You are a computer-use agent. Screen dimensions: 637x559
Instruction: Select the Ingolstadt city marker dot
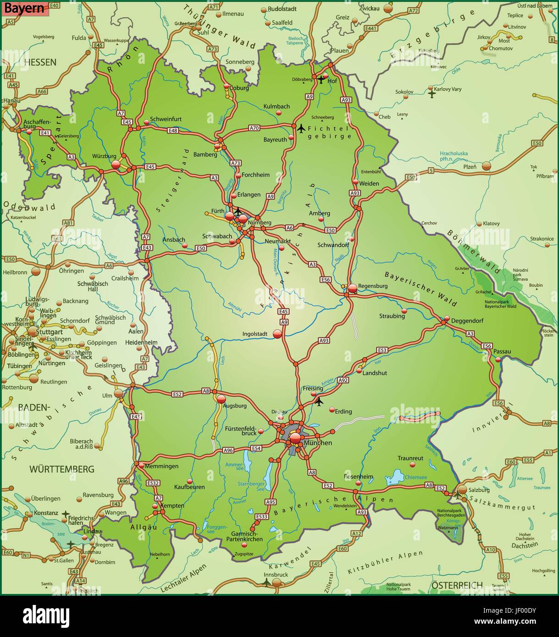pos(277,334)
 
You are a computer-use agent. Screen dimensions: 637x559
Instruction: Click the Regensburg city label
pos(373,286)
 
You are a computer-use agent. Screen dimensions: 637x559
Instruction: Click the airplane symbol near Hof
pos(321,80)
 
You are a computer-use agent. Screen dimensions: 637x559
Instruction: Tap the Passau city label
pos(502,351)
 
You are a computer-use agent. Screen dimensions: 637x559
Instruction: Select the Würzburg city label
pos(104,156)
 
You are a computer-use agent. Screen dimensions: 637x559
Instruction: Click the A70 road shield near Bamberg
pos(255,127)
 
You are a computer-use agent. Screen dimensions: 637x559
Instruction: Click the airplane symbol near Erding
pos(319,401)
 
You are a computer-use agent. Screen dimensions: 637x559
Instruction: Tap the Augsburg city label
pos(234,406)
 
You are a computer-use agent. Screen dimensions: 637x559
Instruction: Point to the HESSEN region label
pos(40,62)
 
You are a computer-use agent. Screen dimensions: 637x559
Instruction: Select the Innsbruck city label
pos(276,574)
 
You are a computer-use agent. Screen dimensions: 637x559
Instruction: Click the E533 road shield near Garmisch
pos(261,516)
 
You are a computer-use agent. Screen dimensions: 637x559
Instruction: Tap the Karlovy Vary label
pos(448,89)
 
